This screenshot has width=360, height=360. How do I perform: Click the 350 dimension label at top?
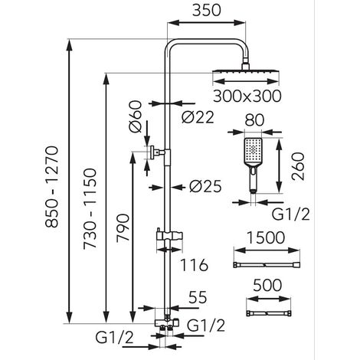tap(206, 11)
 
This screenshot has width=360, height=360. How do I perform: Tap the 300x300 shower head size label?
tap(247, 97)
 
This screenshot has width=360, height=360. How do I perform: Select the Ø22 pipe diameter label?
tap(198, 118)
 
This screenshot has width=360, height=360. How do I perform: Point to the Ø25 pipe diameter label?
tap(205, 186)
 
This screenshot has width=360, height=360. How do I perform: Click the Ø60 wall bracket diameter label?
tap(136, 116)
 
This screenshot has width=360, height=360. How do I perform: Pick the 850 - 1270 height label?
tap(52, 187)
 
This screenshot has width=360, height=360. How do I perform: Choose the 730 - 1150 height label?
tap(90, 208)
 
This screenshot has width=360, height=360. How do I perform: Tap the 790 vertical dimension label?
tap(123, 227)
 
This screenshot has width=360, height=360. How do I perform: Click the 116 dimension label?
tap(195, 265)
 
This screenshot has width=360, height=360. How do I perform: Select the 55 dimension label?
tap(198, 297)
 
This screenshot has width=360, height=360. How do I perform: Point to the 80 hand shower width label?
tap(254, 120)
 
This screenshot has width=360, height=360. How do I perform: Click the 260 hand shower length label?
tap(298, 166)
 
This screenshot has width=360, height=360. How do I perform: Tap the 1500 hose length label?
tap(266, 237)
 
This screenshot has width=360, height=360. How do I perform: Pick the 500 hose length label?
tap(267, 285)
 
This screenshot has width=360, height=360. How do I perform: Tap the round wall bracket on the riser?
tap(154, 152)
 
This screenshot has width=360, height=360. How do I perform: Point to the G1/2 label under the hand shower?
tap(290, 214)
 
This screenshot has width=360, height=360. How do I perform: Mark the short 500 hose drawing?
tap(268, 313)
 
